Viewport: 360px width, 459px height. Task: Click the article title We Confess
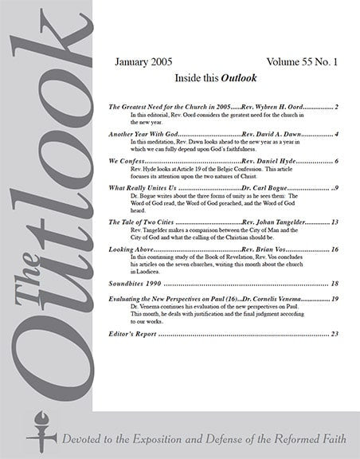click(x=123, y=162)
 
